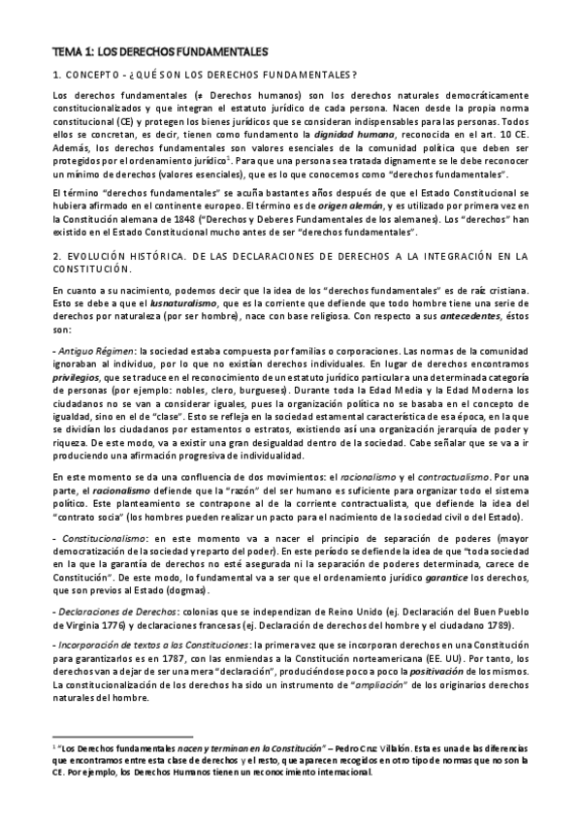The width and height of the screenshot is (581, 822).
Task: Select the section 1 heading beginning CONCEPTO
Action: tap(204, 76)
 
